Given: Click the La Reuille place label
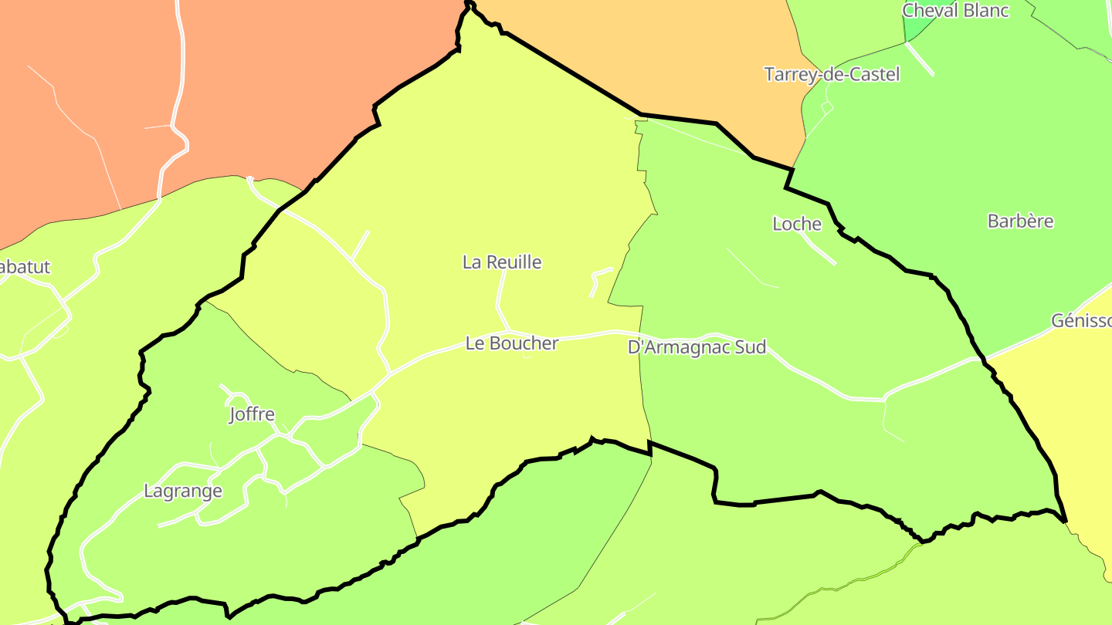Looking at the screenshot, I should click(502, 262).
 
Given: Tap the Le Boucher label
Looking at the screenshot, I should click(511, 343).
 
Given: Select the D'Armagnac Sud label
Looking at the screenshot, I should click(697, 347).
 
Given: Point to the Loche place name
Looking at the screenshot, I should click(797, 224).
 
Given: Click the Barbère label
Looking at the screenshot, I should click(1020, 221).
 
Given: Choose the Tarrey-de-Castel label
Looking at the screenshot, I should click(832, 74).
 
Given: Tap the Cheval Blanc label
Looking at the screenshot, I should click(955, 11).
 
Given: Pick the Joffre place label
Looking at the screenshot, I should click(252, 414).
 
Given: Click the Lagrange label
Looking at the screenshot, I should click(183, 491).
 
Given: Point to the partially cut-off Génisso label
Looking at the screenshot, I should click(1081, 321).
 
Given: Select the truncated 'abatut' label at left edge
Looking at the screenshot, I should click(25, 267).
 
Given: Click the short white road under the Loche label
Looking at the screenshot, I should click(819, 249).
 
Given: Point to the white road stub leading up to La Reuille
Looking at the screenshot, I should click(500, 297).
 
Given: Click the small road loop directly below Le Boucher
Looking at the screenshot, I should click(526, 356).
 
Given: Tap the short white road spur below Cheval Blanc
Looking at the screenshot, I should click(919, 58).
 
